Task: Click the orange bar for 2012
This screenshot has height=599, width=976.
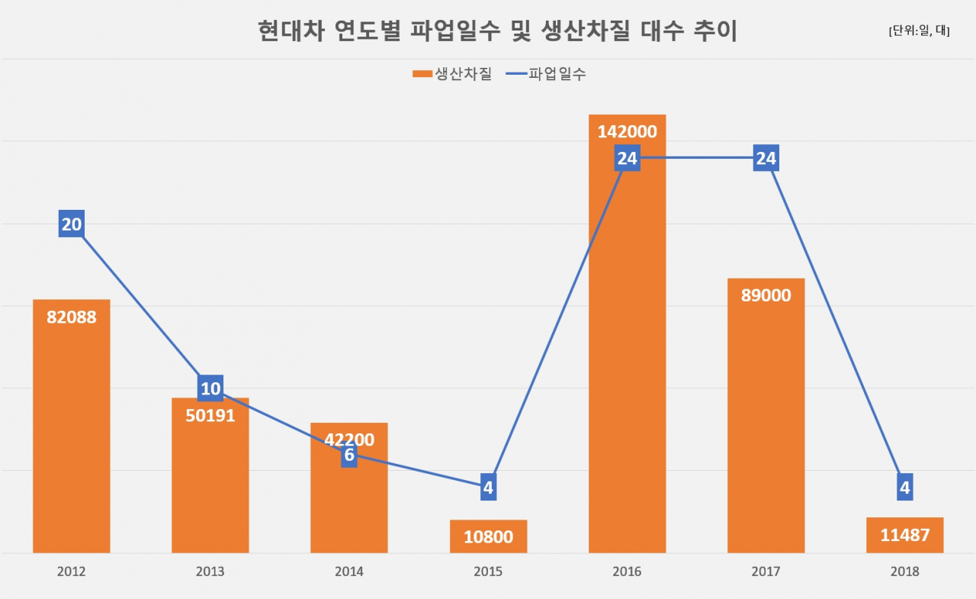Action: click(x=72, y=426)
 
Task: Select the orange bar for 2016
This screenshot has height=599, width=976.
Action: click(x=627, y=333)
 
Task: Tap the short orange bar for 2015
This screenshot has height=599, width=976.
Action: click(x=489, y=536)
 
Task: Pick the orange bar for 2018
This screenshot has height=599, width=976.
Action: click(x=905, y=535)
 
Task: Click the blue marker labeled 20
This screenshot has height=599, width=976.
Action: click(x=72, y=224)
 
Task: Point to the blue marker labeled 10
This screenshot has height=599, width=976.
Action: click(x=210, y=388)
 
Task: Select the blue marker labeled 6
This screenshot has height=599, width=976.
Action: click(x=349, y=455)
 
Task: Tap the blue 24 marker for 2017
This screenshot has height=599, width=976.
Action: click(x=766, y=158)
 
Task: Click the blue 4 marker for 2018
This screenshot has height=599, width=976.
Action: click(x=905, y=487)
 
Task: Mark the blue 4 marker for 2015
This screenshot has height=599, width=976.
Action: click(x=489, y=487)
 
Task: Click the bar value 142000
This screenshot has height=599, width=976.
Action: click(x=627, y=132)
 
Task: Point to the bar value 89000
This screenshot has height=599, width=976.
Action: click(x=766, y=295)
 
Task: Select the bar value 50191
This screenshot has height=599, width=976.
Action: click(x=210, y=415)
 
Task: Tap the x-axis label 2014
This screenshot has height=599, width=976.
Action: click(x=349, y=571)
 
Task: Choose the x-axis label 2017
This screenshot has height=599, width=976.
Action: click(x=766, y=571)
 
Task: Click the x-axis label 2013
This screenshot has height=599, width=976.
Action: click(x=210, y=571)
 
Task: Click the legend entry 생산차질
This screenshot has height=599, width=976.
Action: click(x=452, y=74)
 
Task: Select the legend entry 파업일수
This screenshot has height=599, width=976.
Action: click(x=546, y=74)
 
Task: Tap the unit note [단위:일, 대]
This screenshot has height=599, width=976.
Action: click(x=920, y=31)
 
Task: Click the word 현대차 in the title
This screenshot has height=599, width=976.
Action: click(x=291, y=31)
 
